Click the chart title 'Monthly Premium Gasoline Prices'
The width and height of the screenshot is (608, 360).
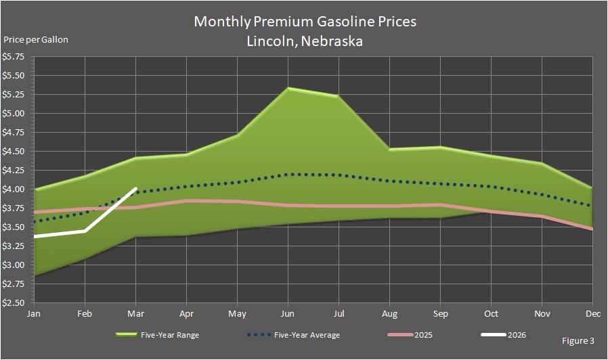pyautogui.click(x=305, y=22)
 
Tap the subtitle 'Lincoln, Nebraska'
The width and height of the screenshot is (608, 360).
pyautogui.click(x=305, y=41)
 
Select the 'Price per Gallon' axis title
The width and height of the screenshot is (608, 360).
pyautogui.click(x=37, y=39)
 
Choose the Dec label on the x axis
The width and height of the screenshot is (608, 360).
pyautogui.click(x=592, y=314)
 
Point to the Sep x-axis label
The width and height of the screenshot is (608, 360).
pyautogui.click(x=440, y=314)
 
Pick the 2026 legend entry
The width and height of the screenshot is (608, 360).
pyautogui.click(x=516, y=334)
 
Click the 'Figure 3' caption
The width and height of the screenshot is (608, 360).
pyautogui.click(x=578, y=339)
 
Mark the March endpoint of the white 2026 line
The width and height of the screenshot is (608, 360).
pyautogui.click(x=136, y=189)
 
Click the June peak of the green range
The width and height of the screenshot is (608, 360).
pyautogui.click(x=288, y=88)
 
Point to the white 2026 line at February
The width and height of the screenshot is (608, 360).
pyautogui.click(x=85, y=231)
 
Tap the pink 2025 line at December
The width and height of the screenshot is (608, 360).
pyautogui.click(x=592, y=229)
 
